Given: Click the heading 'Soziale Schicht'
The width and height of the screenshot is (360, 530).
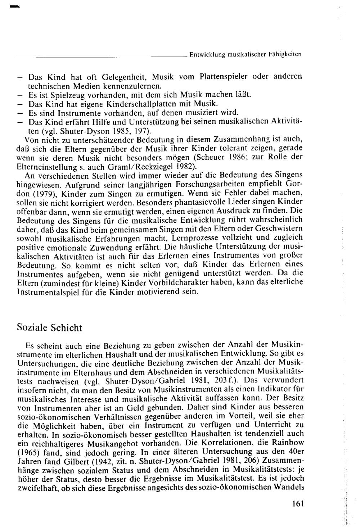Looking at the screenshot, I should tap(50, 328).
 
